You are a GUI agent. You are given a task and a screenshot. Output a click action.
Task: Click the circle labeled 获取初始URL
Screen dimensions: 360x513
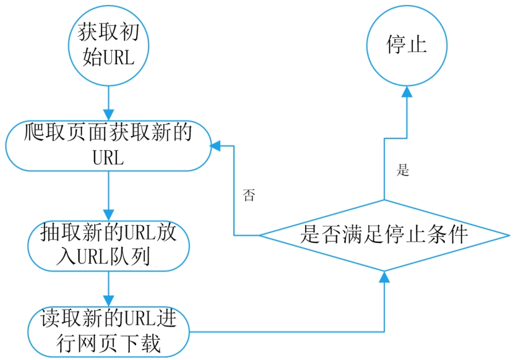coord(108,45)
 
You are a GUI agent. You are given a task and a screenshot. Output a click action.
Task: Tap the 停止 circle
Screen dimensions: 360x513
coord(406,45)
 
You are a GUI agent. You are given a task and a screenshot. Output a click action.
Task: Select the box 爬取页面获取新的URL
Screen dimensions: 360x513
coord(108,145)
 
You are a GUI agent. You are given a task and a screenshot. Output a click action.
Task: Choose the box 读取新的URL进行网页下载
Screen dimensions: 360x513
coord(108,330)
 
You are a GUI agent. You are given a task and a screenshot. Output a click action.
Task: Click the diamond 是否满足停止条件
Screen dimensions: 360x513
coord(384,236)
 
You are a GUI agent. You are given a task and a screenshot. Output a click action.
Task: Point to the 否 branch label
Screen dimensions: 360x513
coord(249,196)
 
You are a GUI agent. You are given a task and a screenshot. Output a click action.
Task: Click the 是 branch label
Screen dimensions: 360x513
coord(403,171)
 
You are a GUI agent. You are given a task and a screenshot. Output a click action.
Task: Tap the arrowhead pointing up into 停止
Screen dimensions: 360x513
coord(407,91)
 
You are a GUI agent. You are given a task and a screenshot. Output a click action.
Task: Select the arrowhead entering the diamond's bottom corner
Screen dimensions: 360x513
coord(384,276)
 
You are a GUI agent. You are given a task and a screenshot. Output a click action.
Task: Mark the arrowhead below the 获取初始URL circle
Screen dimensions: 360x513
coord(108,114)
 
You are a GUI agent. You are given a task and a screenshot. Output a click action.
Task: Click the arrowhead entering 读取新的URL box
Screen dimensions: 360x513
coord(108,299)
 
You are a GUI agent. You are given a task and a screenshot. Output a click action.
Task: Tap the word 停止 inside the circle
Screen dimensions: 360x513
coord(406,45)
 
